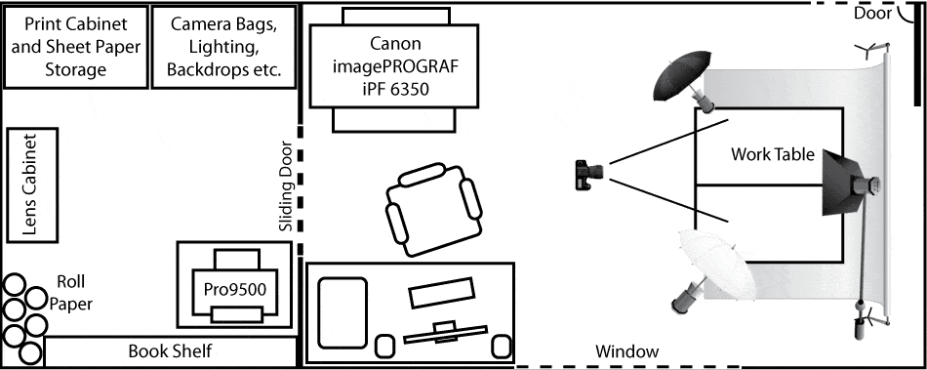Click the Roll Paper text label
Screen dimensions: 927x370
[70, 293]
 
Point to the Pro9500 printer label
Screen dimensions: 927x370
[235, 289]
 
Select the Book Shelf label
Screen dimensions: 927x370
[170, 351]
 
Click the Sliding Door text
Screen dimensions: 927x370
[286, 185]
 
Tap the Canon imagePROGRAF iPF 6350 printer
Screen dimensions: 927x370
[394, 66]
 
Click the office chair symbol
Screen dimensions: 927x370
[434, 210]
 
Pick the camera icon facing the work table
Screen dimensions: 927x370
[588, 175]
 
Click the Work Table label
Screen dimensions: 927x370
[773, 155]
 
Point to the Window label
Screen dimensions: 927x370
[626, 351]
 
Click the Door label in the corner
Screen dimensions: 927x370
[872, 14]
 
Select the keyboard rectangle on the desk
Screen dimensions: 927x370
[442, 293]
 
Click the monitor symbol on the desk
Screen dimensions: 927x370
[445, 333]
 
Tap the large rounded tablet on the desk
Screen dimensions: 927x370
[343, 312]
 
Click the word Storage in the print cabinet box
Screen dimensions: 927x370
[76, 69]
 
